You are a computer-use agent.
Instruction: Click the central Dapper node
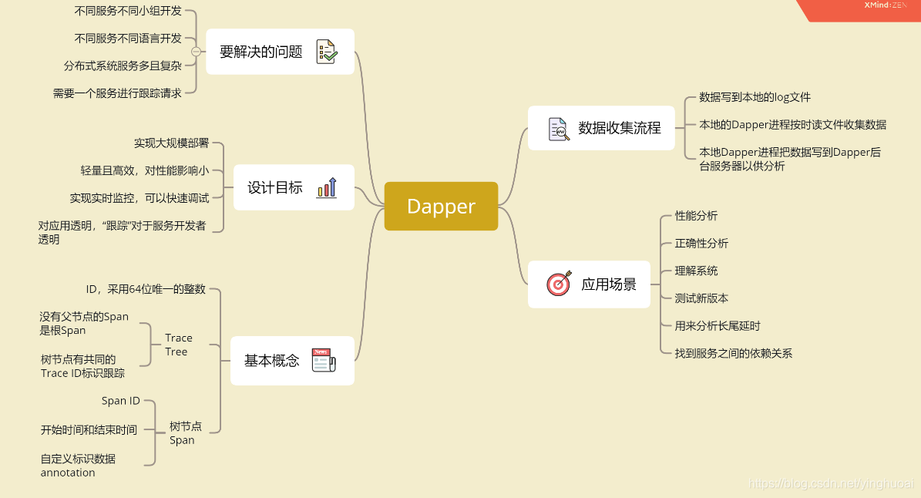[441, 207]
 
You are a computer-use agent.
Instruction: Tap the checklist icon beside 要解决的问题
[326, 52]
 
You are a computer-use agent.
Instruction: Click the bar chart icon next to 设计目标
[326, 187]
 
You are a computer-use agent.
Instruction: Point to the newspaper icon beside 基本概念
[324, 360]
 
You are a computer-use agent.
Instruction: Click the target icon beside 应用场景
[559, 284]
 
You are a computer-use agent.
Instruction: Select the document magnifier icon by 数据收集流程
[559, 129]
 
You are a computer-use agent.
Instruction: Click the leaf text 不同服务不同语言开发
[128, 39]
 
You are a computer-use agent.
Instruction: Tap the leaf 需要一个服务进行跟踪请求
[117, 93]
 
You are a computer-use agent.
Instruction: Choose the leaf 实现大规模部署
[171, 143]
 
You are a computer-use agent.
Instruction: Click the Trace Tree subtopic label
[178, 345]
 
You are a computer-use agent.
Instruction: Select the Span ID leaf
[121, 401]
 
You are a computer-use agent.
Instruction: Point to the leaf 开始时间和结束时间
[89, 429]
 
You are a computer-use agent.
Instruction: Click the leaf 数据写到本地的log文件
[755, 97]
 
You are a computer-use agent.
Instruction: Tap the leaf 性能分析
[696, 216]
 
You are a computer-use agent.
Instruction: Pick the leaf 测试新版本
[701, 298]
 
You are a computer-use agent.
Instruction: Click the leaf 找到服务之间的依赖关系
[733, 353]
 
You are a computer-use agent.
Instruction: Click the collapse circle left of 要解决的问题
[196, 52]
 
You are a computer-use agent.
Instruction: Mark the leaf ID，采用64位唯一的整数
[146, 289]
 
